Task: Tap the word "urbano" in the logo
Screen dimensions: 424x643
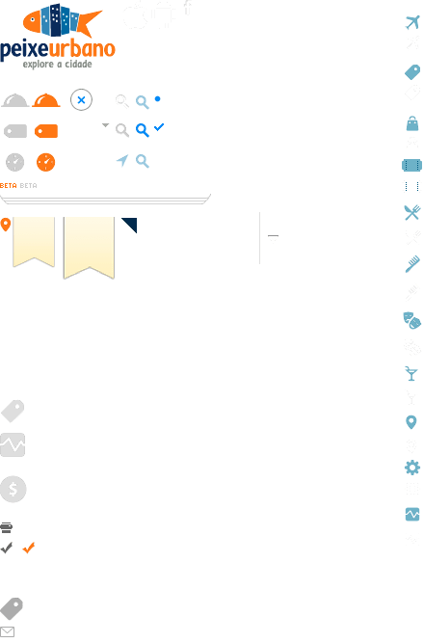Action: pyautogui.click(x=82, y=49)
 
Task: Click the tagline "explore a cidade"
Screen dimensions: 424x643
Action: pyautogui.click(x=58, y=65)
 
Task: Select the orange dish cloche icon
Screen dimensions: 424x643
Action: pyautogui.click(x=46, y=100)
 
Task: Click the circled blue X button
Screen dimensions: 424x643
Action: pyautogui.click(x=81, y=99)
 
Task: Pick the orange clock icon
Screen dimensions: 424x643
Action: pyautogui.click(x=45, y=162)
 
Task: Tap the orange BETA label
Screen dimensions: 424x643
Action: pyautogui.click(x=9, y=186)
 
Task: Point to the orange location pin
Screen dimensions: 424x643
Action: pyautogui.click(x=6, y=225)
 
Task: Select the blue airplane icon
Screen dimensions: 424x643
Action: pyautogui.click(x=413, y=22)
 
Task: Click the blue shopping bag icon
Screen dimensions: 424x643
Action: pyautogui.click(x=412, y=123)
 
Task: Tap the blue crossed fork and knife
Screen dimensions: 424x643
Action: pyautogui.click(x=412, y=212)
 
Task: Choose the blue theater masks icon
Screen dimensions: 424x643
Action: pyautogui.click(x=412, y=321)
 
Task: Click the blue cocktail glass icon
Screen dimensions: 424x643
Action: pyautogui.click(x=411, y=374)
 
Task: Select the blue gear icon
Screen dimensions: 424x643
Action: pyautogui.click(x=412, y=468)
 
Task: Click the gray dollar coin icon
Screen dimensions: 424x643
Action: pyautogui.click(x=13, y=489)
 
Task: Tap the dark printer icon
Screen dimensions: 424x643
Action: pyautogui.click(x=7, y=527)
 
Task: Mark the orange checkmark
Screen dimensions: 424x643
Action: pyautogui.click(x=29, y=548)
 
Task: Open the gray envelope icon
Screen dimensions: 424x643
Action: pyautogui.click(x=8, y=632)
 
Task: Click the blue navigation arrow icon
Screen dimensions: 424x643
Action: pyautogui.click(x=122, y=160)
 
